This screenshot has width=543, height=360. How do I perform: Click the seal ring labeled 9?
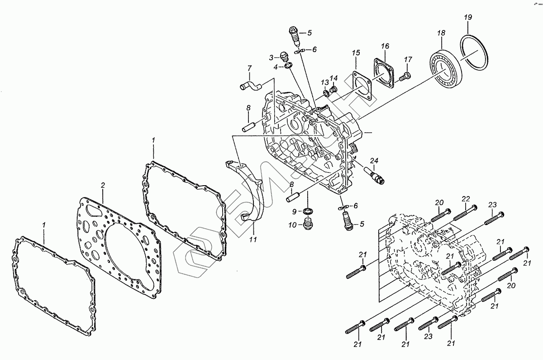point(308,211)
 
